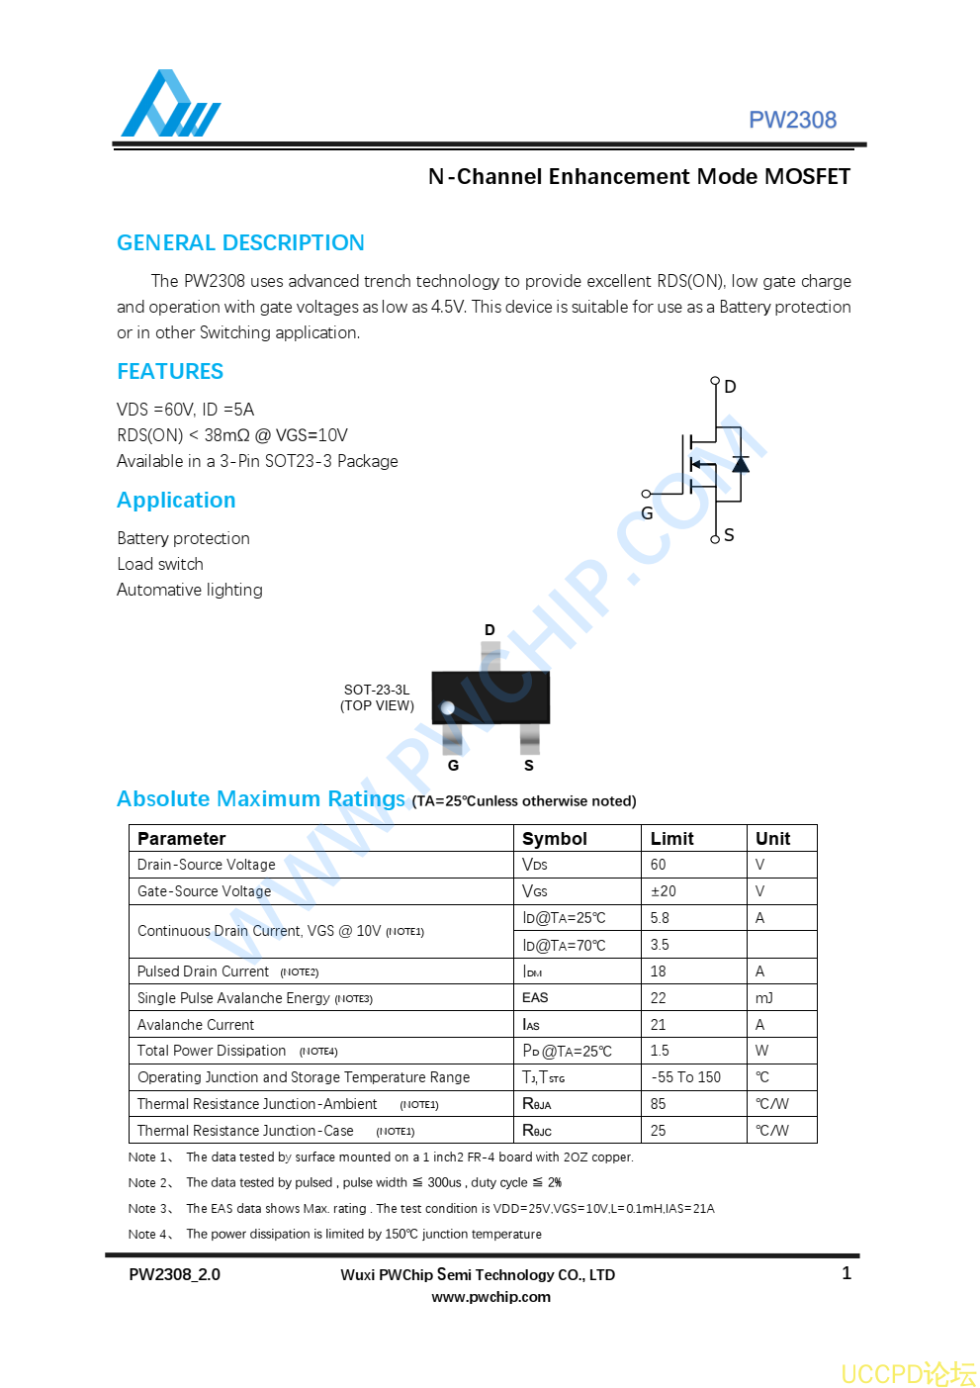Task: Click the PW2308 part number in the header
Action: point(792,120)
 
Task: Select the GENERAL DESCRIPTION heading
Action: point(240,243)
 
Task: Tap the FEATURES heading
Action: point(170,372)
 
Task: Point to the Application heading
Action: point(176,501)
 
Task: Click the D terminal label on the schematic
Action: point(730,387)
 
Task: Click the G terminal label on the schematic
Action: point(647,513)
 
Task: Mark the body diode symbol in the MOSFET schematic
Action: point(740,464)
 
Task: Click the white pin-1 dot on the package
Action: point(447,707)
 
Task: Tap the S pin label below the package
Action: point(529,766)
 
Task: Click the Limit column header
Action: point(672,839)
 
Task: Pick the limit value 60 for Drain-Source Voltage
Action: point(659,865)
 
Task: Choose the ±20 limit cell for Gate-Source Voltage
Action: point(664,891)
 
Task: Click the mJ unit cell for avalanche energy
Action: point(764,998)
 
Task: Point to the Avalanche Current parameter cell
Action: point(196,1025)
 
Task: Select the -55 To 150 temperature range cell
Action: point(686,1077)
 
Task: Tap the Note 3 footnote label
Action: point(150,1209)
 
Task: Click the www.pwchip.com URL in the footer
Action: point(490,1297)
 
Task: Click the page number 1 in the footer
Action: point(846,1273)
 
